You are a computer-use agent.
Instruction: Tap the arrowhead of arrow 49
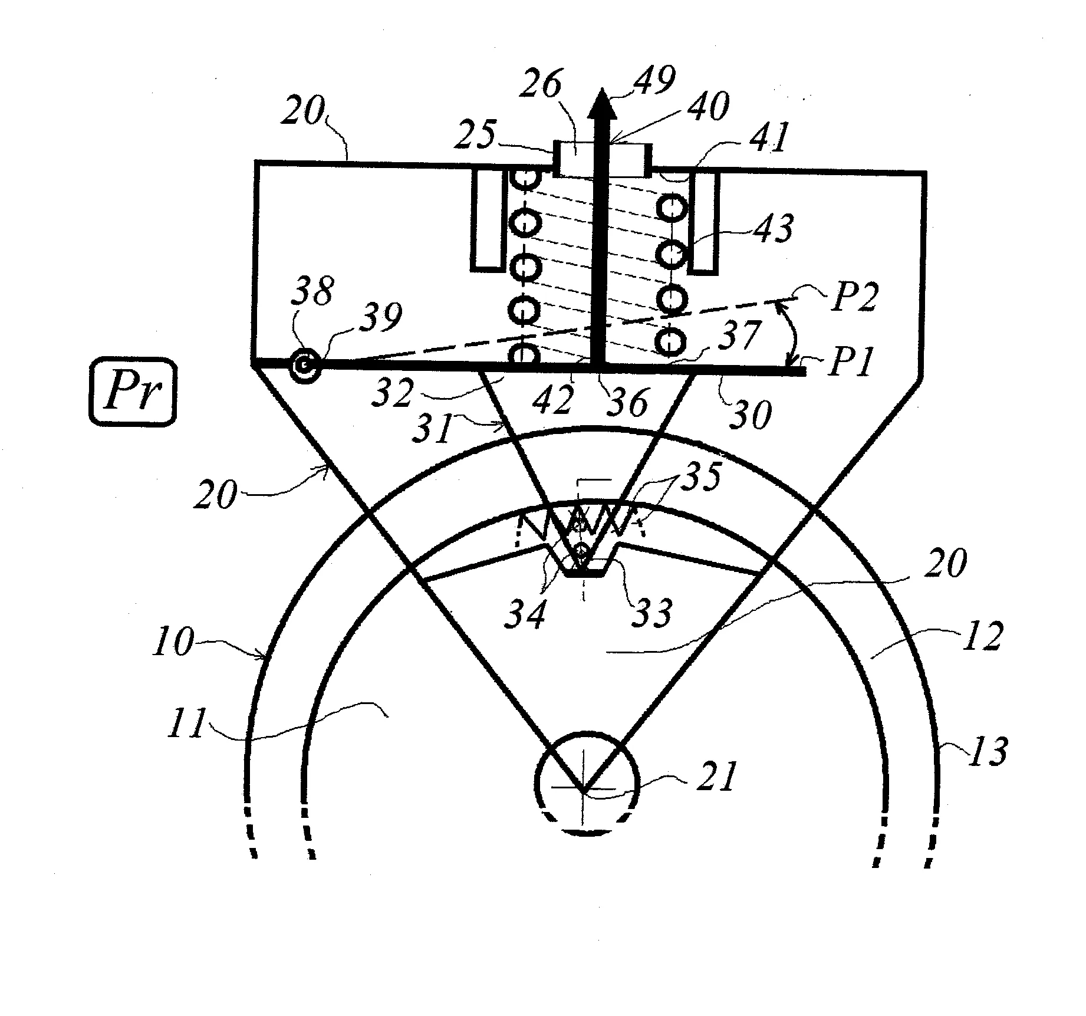pyautogui.click(x=601, y=100)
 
